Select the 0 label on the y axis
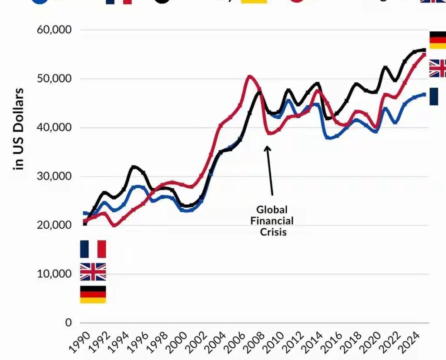[x=68, y=323]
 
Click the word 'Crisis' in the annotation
[x=273, y=232]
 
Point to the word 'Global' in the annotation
[x=272, y=210]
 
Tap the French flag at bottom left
[x=93, y=249]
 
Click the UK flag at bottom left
[x=93, y=272]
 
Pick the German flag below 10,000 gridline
[x=93, y=294]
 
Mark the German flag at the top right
[x=437, y=40]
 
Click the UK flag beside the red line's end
[x=437, y=68]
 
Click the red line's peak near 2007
[x=250, y=77]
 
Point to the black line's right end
[x=424, y=50]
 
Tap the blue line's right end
[x=424, y=94]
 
